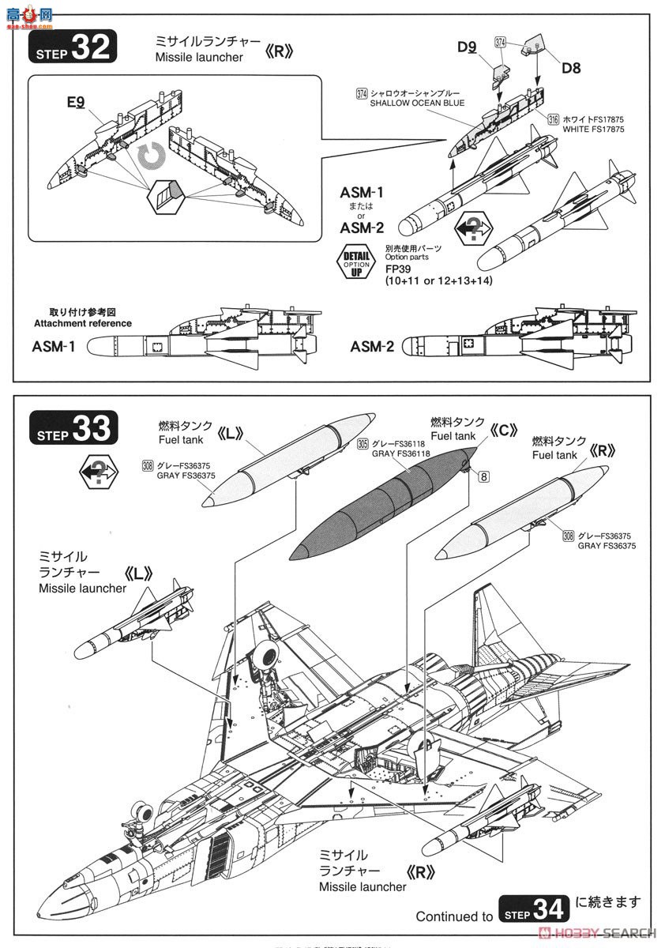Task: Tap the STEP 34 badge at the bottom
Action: tap(533, 909)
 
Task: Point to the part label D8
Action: tap(571, 68)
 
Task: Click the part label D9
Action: tap(467, 47)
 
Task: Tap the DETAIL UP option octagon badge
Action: tap(356, 264)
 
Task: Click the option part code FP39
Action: tap(399, 268)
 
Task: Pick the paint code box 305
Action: tap(362, 444)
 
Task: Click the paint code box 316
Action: tap(553, 118)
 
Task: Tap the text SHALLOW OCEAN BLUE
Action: tap(418, 103)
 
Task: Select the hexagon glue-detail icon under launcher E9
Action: tap(166, 194)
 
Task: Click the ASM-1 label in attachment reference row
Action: tap(54, 346)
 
